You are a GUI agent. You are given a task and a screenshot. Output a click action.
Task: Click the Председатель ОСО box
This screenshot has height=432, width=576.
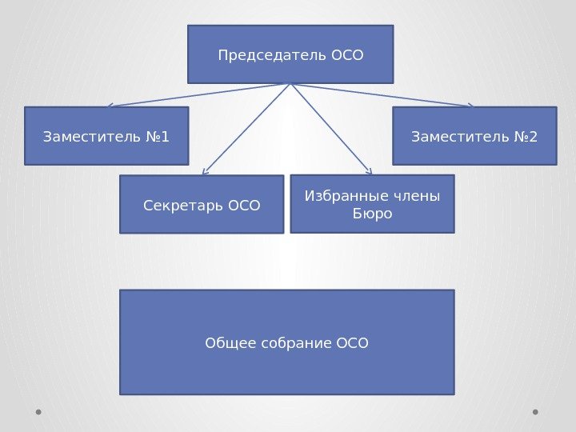pos(290,54)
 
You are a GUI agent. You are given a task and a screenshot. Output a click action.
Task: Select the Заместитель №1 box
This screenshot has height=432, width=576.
pos(106,136)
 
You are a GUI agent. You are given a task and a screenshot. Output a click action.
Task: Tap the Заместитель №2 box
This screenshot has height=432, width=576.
pos(474,136)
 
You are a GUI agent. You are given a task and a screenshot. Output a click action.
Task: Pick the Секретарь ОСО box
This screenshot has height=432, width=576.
pos(202,205)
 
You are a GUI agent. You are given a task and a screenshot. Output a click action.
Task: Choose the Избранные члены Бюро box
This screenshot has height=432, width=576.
pos(372,204)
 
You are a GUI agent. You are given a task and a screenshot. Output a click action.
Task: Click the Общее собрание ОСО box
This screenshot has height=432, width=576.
pos(286,342)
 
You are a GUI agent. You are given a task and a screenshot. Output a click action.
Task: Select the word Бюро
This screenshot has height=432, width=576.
pos(372,214)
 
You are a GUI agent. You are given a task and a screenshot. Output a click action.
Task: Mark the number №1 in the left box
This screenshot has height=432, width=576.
pos(158,137)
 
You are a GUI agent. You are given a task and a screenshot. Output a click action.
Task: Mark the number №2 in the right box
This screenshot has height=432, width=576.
pos(526,137)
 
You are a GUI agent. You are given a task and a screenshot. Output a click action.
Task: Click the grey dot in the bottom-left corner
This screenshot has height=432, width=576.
pos(38,413)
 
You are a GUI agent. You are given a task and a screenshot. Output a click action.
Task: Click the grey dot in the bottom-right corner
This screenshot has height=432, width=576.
pos(535,413)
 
